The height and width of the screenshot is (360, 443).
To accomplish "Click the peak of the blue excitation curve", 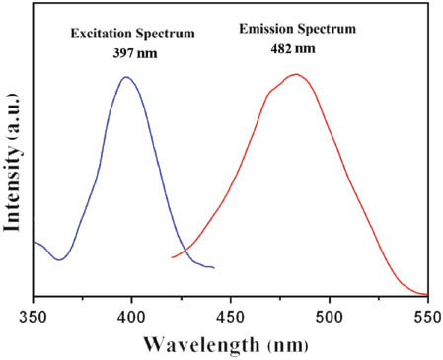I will click(x=125, y=76).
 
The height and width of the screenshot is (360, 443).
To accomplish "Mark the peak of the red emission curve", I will click(x=293, y=74).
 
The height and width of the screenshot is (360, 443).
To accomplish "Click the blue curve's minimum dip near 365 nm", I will click(x=60, y=260).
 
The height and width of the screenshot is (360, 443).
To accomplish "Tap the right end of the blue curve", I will click(x=213, y=267).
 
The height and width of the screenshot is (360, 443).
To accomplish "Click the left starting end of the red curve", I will click(x=172, y=258).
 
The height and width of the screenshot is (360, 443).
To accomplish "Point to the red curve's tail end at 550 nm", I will click(x=425, y=294).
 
